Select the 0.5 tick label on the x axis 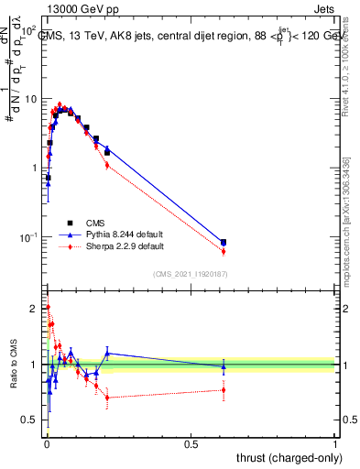point(191,443)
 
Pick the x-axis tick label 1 point(336,443)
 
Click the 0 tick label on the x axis point(47,443)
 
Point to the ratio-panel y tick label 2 point(34,308)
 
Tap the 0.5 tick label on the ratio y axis point(30,420)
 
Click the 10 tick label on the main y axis point(29,99)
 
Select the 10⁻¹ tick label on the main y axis point(27,237)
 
